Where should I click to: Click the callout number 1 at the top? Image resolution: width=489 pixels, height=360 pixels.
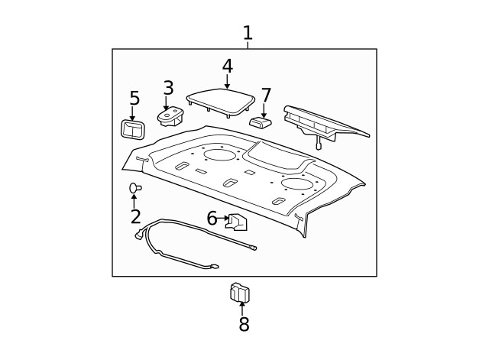coord(248,33)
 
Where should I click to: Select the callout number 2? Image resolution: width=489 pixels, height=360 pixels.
coord(135,216)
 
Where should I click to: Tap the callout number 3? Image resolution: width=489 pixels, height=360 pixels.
coord(168,89)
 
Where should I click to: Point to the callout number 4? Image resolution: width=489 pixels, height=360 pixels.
coord(227,66)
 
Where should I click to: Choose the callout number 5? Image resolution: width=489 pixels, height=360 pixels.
coord(134,99)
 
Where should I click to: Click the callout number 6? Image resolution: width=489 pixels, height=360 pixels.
coord(212,219)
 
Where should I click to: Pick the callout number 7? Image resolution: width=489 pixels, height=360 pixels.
coord(265,96)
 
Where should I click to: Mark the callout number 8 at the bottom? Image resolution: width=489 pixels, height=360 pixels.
coord(244,324)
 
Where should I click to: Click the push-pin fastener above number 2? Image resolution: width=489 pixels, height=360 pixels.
coord(134,187)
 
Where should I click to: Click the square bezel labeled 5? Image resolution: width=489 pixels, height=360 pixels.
coord(133,128)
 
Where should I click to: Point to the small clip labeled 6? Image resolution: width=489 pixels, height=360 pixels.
coord(238,222)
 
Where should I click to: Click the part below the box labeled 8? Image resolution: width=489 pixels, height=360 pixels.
coord(241,293)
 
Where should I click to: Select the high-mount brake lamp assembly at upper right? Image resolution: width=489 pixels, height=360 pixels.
coord(325,124)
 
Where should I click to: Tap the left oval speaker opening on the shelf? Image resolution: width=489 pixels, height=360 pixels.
coord(219,155)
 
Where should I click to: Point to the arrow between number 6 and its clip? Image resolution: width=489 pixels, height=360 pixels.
coord(224,219)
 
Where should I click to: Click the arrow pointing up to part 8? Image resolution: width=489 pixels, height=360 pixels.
coord(243,308)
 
